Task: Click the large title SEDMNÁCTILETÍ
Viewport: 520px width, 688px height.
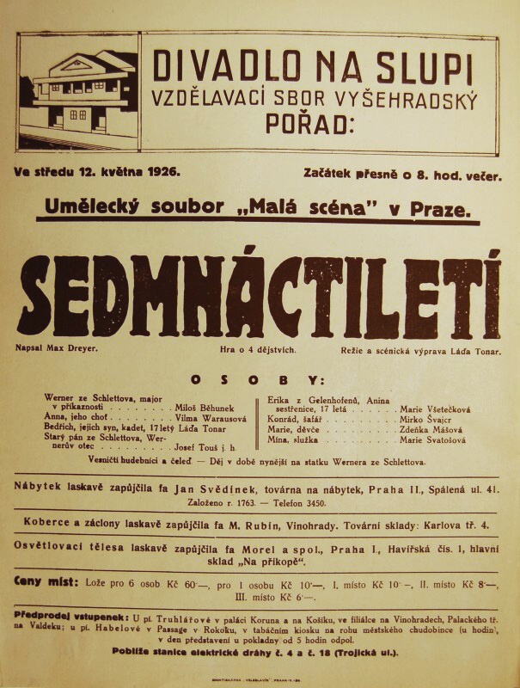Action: (x=259, y=297)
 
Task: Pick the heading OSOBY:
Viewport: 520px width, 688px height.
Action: (x=257, y=379)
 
